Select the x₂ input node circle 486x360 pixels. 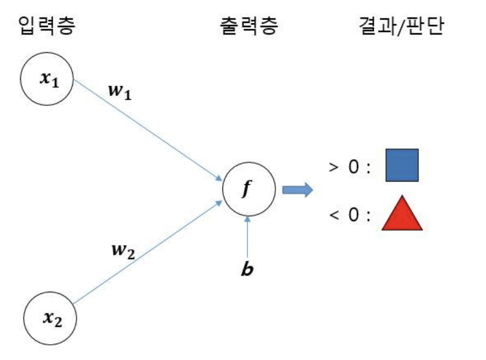[51, 316]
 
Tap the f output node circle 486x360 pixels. [249, 190]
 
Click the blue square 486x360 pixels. [402, 165]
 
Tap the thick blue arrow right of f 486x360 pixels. [298, 190]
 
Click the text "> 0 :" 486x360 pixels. [350, 167]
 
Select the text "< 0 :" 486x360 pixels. [350, 215]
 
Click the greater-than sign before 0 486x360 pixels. [333, 167]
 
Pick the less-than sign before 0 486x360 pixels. [333, 215]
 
